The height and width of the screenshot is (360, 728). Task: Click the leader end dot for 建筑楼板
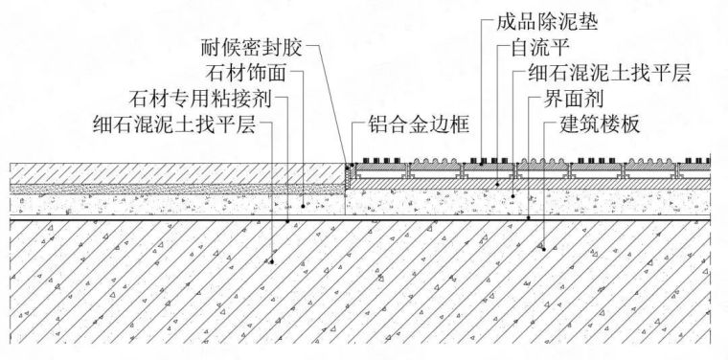click(543, 247)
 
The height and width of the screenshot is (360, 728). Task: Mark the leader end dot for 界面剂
click(530, 218)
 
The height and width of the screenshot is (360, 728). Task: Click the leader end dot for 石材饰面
click(303, 203)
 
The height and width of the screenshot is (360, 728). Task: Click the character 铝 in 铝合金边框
click(376, 124)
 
